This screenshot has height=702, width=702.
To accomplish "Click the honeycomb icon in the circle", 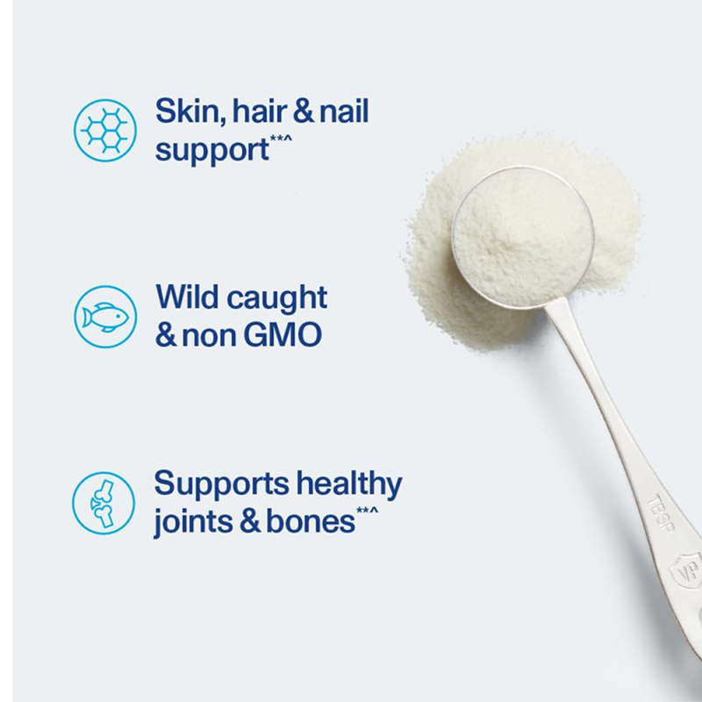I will point(104,130).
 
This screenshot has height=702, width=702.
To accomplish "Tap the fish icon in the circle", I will point(104,317).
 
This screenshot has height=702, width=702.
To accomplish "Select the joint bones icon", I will point(104,504).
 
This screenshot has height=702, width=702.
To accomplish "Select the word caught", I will point(276,299).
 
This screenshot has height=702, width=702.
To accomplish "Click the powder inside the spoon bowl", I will point(521,233).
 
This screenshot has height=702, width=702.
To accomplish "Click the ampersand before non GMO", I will point(167,335).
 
